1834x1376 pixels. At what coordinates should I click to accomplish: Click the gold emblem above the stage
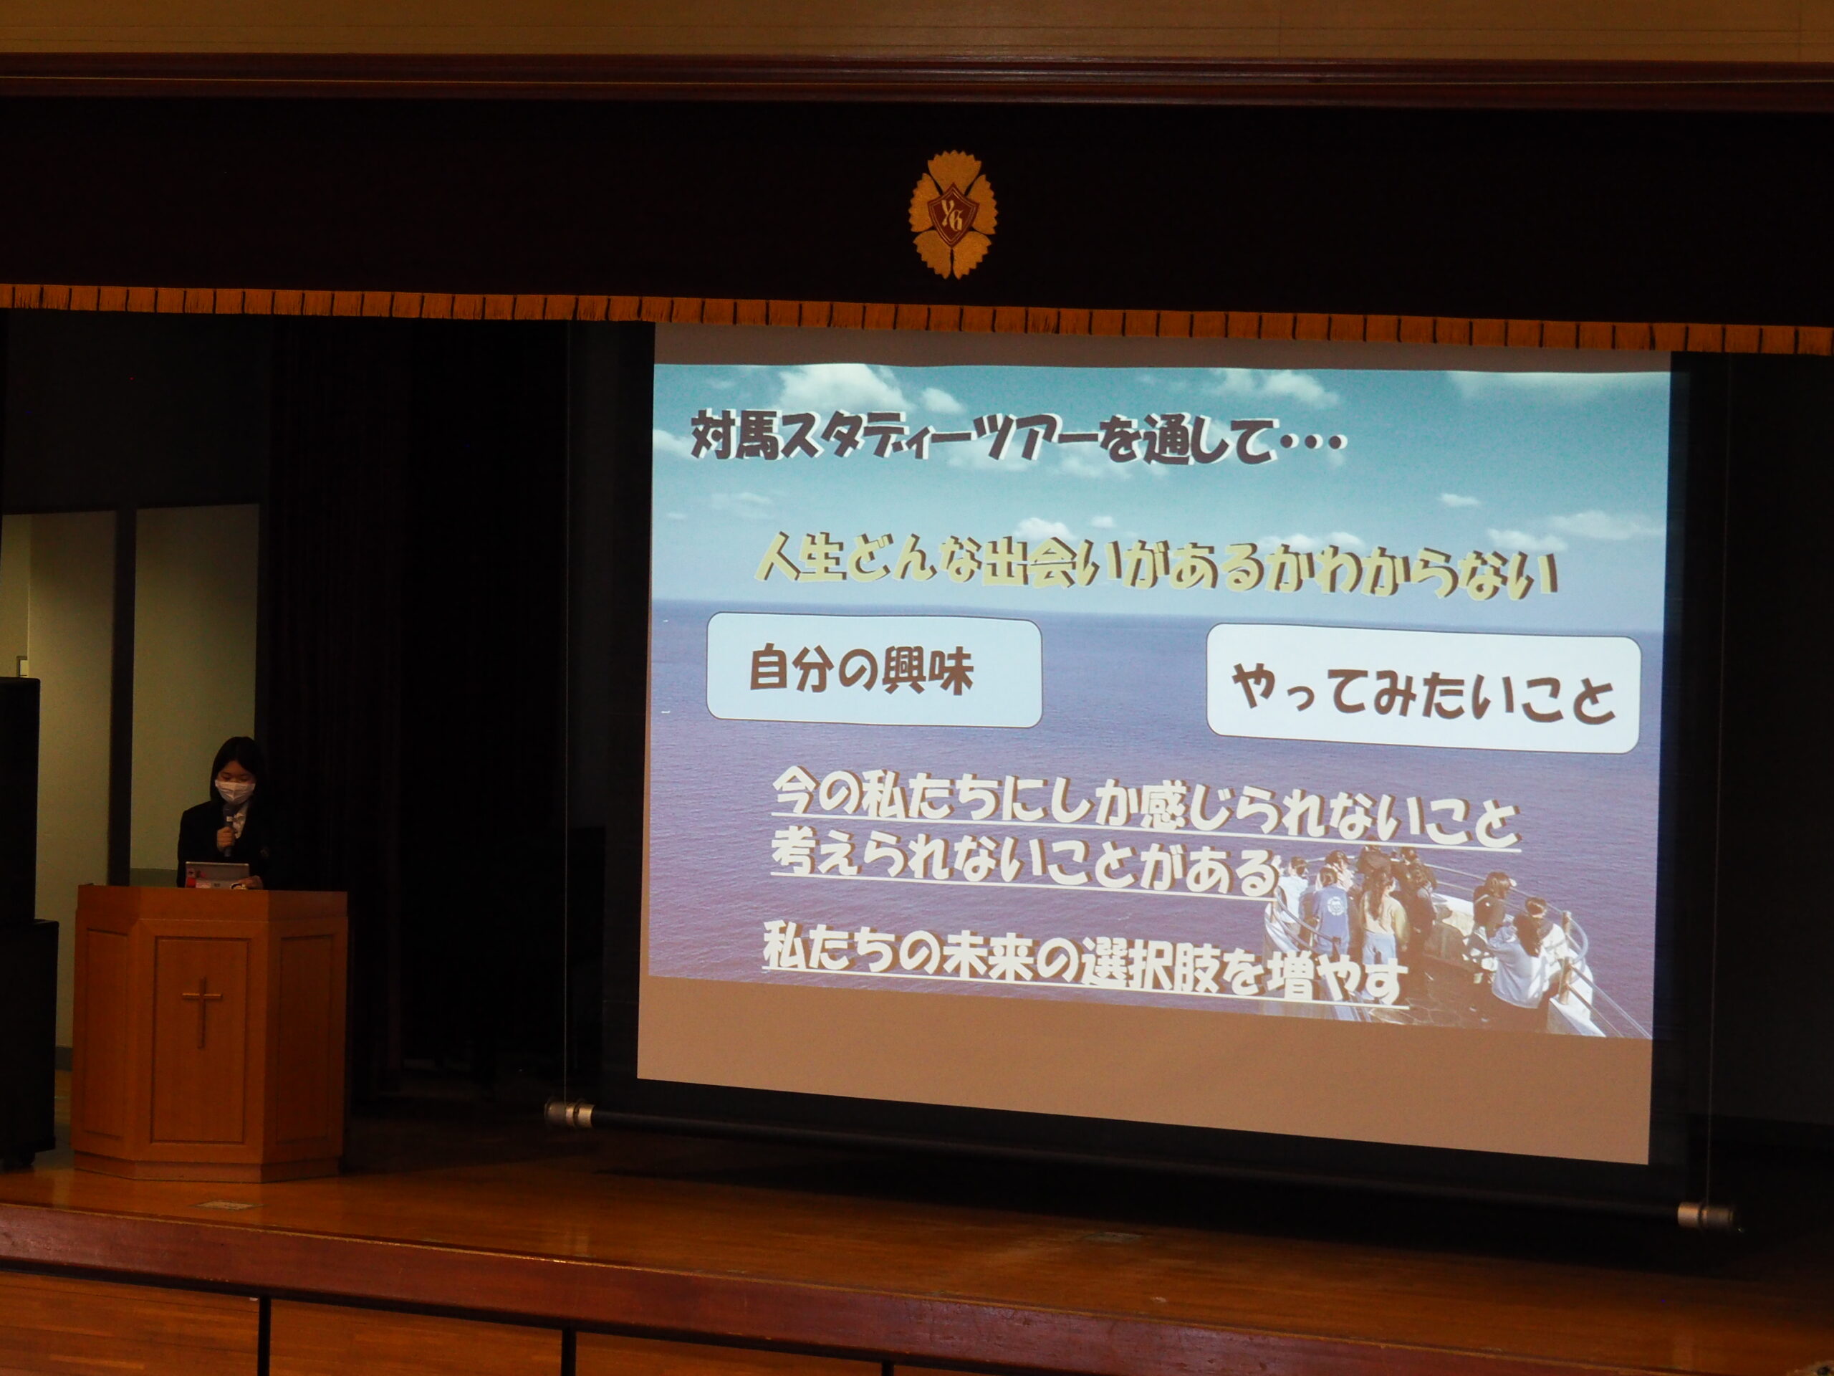point(953,214)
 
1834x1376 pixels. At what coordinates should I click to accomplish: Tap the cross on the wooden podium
point(202,1011)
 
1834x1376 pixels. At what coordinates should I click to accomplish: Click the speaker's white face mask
point(235,790)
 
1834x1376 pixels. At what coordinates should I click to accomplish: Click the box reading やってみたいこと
point(1423,689)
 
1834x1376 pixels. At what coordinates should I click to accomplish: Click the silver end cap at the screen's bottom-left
point(569,1113)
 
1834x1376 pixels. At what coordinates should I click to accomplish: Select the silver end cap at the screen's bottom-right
point(1704,1216)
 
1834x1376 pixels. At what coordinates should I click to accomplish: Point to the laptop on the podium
point(216,874)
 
